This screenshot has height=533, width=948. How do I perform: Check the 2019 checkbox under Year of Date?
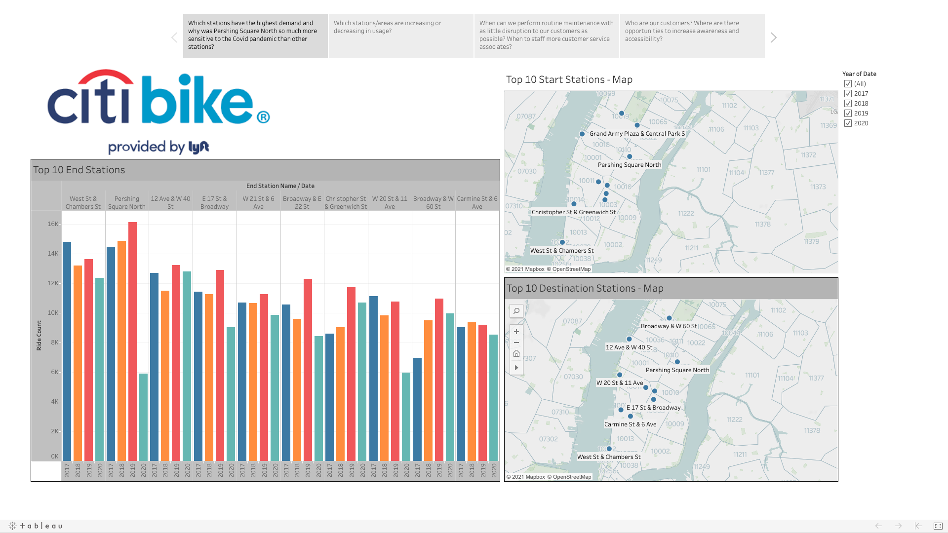(x=848, y=114)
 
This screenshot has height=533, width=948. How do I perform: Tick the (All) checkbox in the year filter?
(x=848, y=84)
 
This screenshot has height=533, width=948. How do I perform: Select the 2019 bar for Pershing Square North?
(x=132, y=341)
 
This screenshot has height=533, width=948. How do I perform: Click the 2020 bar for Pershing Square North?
(x=143, y=417)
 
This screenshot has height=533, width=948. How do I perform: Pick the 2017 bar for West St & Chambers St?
(x=67, y=351)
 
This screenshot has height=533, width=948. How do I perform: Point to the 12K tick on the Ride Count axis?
(x=53, y=283)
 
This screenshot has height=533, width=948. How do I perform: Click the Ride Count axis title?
(x=39, y=336)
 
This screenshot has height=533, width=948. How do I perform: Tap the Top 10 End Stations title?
(x=79, y=170)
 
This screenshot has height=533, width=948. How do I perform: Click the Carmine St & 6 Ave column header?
(x=477, y=202)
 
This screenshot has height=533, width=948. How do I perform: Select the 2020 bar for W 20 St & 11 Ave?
(x=406, y=417)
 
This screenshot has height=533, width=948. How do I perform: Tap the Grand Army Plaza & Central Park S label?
(x=637, y=134)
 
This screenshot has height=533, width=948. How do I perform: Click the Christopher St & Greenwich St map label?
(x=573, y=212)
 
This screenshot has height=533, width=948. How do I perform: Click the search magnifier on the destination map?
(x=516, y=311)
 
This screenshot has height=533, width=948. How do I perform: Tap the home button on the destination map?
(x=516, y=354)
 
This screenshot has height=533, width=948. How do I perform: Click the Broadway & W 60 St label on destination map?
(x=669, y=326)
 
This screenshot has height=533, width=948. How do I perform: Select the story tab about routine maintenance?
(x=546, y=35)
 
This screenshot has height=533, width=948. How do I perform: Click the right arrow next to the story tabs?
(x=773, y=38)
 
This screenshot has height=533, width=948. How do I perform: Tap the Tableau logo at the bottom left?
(x=36, y=526)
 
